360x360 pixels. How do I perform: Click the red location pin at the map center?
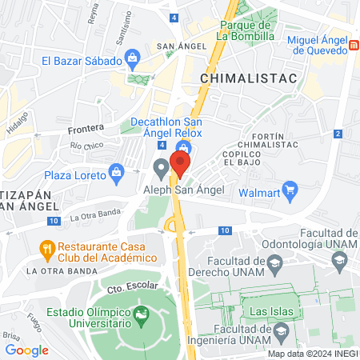pyautogui.click(x=180, y=165)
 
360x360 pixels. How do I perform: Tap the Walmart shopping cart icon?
pyautogui.click(x=291, y=192)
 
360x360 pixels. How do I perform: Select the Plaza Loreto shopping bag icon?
pyautogui.click(x=118, y=171)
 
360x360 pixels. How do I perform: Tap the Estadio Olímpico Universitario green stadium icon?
pyautogui.click(x=142, y=314)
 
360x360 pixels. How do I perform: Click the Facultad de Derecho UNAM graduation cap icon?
pyautogui.click(x=276, y=263)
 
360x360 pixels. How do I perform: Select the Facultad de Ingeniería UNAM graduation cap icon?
pyautogui.click(x=281, y=330)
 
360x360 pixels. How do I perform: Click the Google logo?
pyautogui.click(x=26, y=350)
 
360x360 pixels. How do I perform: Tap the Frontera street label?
pyautogui.click(x=86, y=129)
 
